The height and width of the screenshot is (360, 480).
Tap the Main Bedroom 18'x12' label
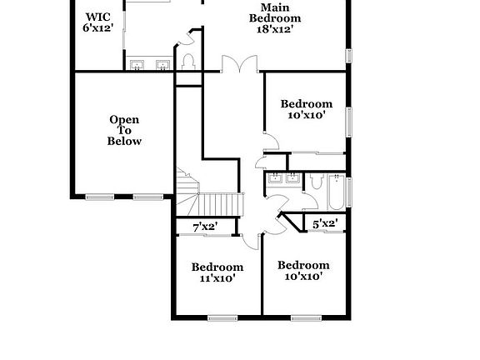(275, 17)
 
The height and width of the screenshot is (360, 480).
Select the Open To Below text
(124, 131)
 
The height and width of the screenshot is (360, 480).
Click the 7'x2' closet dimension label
(205, 227)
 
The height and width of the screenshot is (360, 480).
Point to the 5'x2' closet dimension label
(324, 223)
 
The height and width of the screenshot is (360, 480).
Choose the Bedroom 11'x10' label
(217, 272)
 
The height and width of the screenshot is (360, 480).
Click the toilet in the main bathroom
(188, 60)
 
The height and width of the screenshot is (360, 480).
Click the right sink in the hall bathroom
(293, 177)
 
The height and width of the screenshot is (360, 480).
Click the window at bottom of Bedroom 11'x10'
(222, 317)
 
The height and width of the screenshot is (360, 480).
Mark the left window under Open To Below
(100, 197)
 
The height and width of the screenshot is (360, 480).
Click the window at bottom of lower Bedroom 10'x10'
(306, 317)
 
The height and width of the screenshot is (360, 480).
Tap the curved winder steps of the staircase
(187, 187)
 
